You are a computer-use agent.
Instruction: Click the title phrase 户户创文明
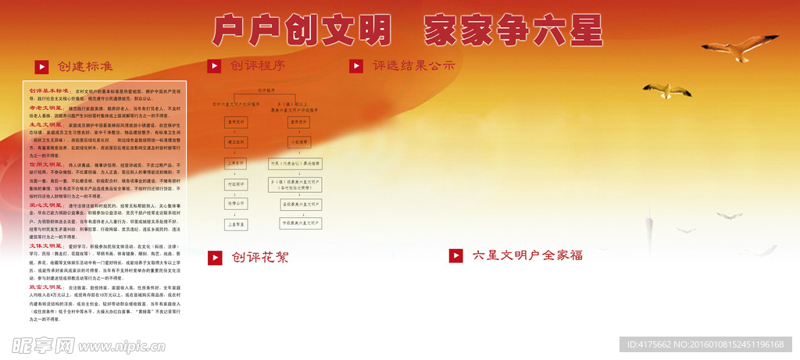tap(301, 31)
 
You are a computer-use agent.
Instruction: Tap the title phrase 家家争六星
tap(513, 31)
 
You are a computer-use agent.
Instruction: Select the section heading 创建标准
tap(85, 66)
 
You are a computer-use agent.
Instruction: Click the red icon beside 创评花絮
tap(214, 258)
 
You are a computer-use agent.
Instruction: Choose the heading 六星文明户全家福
tap(527, 255)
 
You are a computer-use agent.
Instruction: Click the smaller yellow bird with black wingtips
tap(666, 91)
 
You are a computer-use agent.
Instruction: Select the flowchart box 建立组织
tap(237, 143)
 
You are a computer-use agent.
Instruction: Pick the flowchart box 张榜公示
tap(237, 202)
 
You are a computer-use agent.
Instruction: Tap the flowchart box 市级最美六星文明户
tap(301, 223)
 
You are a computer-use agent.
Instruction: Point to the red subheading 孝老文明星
tap(45, 108)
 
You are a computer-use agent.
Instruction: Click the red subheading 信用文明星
tap(45, 165)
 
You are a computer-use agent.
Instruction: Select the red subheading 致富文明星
tap(45, 287)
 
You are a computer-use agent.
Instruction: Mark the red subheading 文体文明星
tap(45, 245)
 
